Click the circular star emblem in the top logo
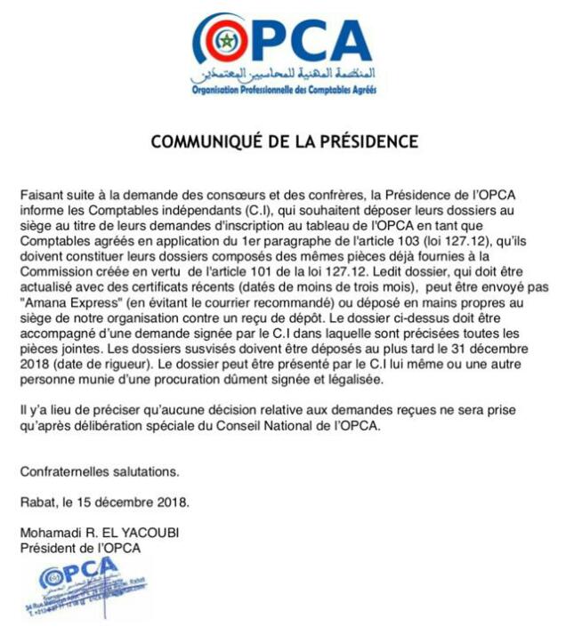[x=223, y=42]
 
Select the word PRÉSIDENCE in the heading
[x=363, y=141]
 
